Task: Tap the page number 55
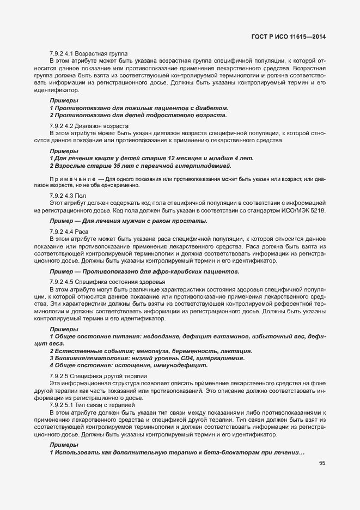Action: click(322, 463)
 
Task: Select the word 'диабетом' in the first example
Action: click(211, 108)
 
